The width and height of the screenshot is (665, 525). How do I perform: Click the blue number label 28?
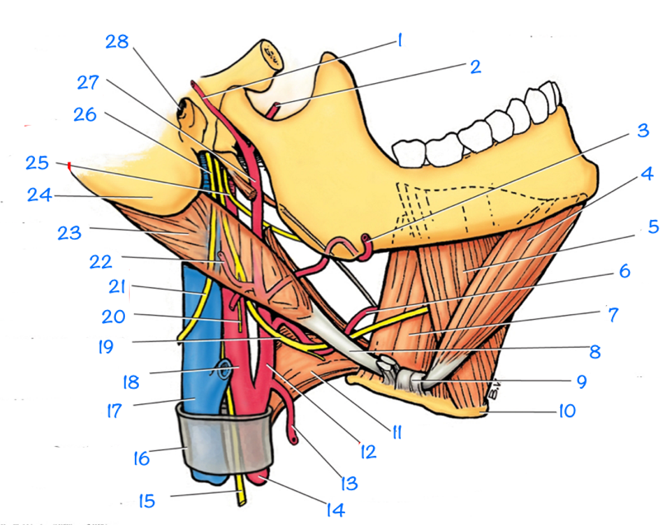(117, 42)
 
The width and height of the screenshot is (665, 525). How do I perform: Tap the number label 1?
(400, 40)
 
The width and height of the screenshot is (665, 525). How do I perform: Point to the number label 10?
(567, 411)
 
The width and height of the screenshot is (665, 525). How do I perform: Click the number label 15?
(146, 501)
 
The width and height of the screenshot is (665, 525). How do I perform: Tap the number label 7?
(613, 315)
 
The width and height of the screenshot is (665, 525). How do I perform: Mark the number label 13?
(347, 482)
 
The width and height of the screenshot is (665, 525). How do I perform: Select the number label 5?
(653, 227)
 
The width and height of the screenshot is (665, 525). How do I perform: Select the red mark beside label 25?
(69, 165)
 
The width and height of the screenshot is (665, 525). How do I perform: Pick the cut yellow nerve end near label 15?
(242, 498)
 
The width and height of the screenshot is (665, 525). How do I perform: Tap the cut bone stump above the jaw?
(270, 54)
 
